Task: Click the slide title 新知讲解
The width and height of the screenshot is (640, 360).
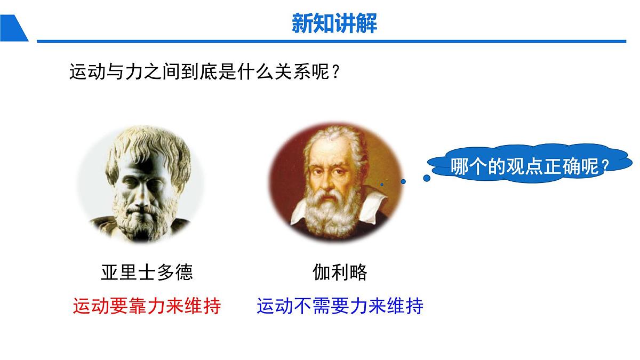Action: [334, 23]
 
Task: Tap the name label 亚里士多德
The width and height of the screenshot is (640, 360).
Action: [147, 272]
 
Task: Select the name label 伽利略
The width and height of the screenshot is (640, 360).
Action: [340, 272]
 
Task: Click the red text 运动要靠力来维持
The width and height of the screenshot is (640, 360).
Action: [147, 306]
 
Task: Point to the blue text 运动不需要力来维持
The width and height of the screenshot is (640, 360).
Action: [340, 306]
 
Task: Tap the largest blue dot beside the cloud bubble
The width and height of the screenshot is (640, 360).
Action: [427, 178]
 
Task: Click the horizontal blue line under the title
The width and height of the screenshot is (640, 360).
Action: [331, 41]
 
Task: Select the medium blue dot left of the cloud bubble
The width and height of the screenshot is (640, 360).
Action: [403, 181]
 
